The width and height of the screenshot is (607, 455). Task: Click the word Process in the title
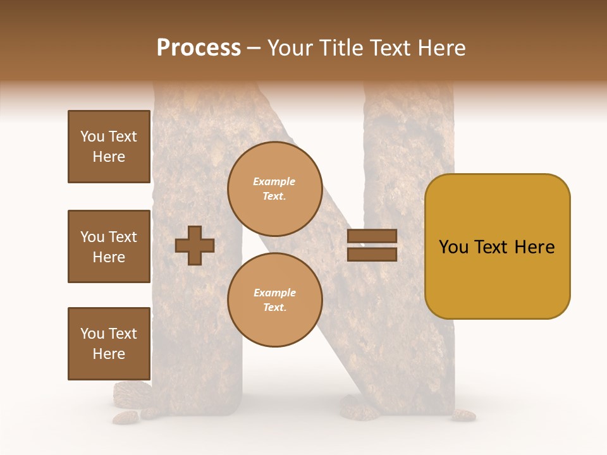(x=199, y=48)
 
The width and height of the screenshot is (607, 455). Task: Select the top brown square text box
(x=109, y=147)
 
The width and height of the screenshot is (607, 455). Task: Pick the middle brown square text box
(x=109, y=246)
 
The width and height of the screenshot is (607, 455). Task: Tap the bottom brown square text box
(x=109, y=344)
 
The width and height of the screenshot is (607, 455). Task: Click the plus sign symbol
(x=195, y=245)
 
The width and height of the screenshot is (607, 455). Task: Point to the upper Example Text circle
(x=274, y=189)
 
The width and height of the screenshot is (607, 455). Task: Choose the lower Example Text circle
(x=274, y=300)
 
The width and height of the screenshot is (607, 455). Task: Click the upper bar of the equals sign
(x=372, y=236)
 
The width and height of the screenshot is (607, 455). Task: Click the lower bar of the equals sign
(x=372, y=254)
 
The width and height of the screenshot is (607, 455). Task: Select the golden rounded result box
(x=497, y=246)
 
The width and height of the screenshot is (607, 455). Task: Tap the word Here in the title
(x=442, y=48)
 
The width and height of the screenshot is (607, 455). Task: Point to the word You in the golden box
(x=453, y=247)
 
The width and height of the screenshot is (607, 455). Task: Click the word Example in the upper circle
(x=274, y=182)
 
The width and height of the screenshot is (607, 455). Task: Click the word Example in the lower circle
(x=274, y=293)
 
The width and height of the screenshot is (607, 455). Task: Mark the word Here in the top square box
(x=109, y=157)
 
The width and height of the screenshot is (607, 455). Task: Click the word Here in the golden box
(x=534, y=247)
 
